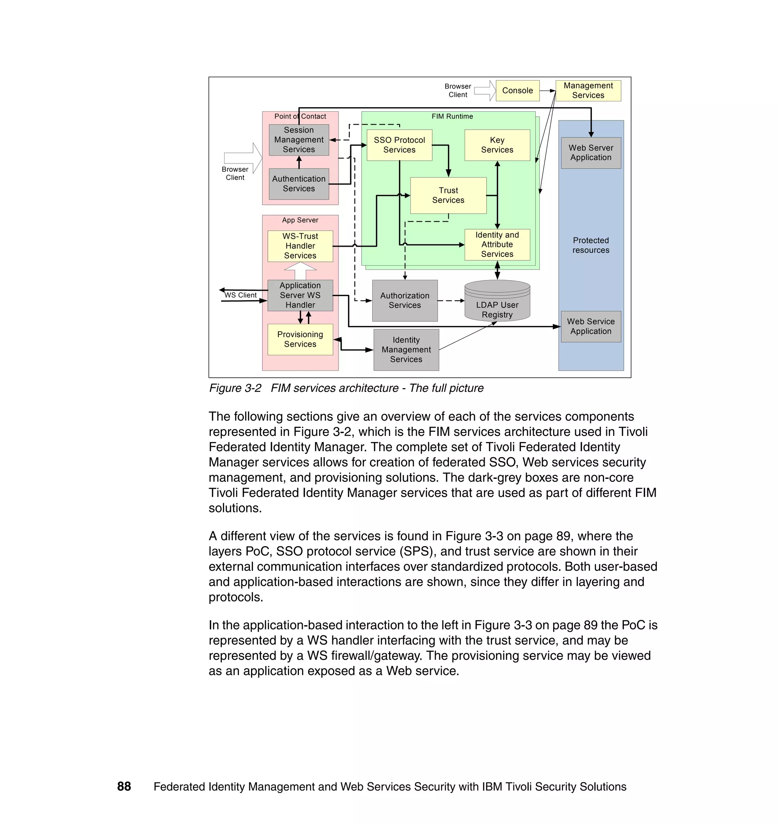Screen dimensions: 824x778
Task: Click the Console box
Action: click(x=517, y=90)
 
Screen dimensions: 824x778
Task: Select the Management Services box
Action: click(x=588, y=90)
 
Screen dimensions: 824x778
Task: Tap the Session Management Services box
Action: click(x=299, y=140)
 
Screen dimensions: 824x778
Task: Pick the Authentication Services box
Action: click(x=299, y=184)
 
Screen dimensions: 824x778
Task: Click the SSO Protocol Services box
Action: click(x=399, y=145)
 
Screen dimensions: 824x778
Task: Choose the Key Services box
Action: click(x=497, y=145)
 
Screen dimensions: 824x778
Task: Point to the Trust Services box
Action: click(x=448, y=195)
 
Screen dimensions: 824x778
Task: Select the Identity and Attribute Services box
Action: click(x=497, y=244)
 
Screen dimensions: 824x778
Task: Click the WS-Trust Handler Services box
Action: click(x=300, y=246)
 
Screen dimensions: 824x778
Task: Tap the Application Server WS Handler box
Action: click(x=300, y=295)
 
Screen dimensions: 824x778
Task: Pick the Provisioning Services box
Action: click(x=300, y=339)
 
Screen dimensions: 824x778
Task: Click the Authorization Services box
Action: click(x=405, y=300)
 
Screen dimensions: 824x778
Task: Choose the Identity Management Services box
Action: click(x=406, y=350)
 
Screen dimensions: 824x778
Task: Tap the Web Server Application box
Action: click(x=591, y=153)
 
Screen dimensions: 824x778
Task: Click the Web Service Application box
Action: click(x=591, y=326)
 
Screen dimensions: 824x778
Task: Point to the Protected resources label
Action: click(x=591, y=245)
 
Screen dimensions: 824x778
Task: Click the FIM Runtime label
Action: click(x=452, y=117)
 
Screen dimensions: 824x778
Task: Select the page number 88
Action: click(x=124, y=786)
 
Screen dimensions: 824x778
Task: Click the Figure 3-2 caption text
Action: click(x=346, y=388)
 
